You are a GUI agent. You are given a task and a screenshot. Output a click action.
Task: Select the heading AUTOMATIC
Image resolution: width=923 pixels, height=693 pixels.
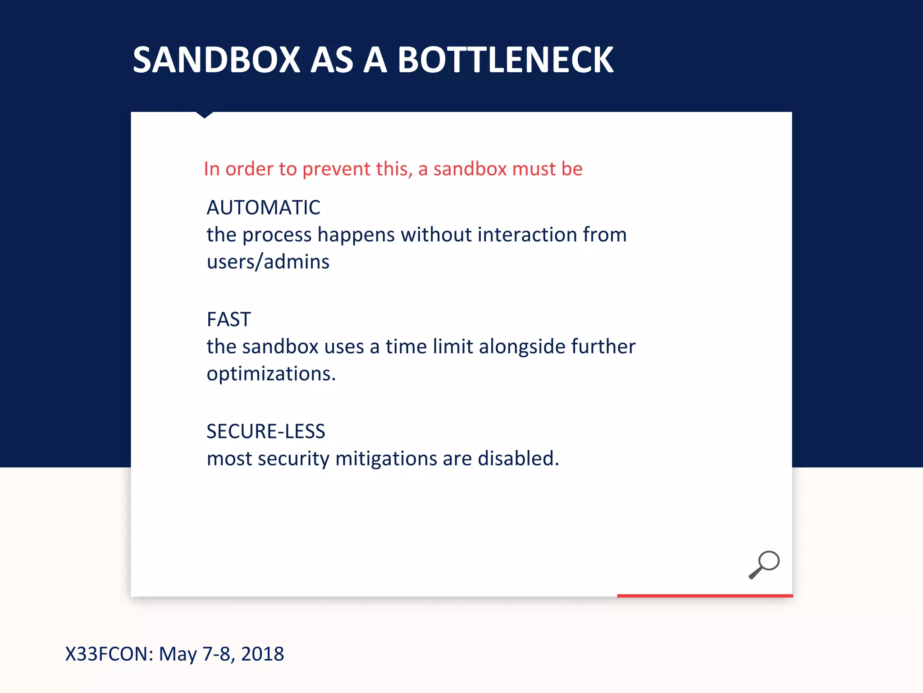263,208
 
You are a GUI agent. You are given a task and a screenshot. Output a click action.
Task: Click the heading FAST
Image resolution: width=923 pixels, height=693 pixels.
228,320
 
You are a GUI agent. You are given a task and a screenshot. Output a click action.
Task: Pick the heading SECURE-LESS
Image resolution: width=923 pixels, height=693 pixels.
266,432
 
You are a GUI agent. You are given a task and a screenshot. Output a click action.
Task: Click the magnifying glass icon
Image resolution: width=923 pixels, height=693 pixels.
764,564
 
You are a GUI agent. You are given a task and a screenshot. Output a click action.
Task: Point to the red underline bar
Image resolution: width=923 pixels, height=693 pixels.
704,596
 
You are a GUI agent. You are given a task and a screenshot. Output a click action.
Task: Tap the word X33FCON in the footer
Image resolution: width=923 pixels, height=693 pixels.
109,654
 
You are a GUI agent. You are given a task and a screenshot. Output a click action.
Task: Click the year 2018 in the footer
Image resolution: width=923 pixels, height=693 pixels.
262,654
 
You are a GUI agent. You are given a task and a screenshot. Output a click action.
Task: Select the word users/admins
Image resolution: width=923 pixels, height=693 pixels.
268,262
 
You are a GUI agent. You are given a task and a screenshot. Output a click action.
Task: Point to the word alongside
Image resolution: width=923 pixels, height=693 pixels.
522,347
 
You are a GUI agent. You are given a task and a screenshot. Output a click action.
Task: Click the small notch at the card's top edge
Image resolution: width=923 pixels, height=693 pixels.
205,115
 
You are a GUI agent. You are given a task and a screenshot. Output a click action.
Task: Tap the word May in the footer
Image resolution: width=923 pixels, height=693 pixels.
178,654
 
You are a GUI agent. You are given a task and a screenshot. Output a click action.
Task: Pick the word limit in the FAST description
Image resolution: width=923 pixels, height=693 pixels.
453,347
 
